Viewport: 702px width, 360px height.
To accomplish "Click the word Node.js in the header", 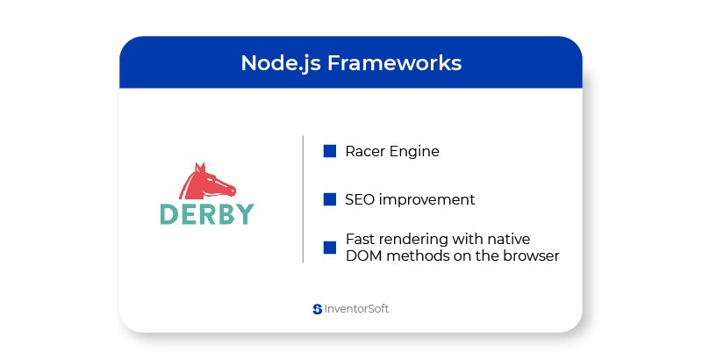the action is [281, 63].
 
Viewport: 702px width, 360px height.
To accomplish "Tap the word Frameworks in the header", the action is [394, 62].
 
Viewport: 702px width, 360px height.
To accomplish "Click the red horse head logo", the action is [207, 182].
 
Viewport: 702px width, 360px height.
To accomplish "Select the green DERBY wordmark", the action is [207, 214].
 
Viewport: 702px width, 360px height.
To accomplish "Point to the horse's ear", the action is [200, 168].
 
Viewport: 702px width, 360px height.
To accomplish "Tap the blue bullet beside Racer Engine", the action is [330, 151].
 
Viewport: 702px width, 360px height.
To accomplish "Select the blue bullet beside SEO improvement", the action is [330, 199].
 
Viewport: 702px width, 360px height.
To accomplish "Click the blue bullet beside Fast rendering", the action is [330, 248].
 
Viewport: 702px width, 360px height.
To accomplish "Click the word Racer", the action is [365, 151].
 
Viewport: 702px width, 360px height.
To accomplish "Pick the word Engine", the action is [414, 152].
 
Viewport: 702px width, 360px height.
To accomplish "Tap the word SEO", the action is [360, 199].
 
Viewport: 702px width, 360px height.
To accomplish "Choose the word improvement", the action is [426, 200].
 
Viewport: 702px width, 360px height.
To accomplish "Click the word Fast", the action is [359, 239].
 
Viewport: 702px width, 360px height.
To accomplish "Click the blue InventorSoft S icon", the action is [318, 309].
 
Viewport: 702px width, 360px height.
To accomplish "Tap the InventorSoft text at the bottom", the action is [356, 309].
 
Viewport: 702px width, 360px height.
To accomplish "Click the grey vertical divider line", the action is [303, 198].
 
